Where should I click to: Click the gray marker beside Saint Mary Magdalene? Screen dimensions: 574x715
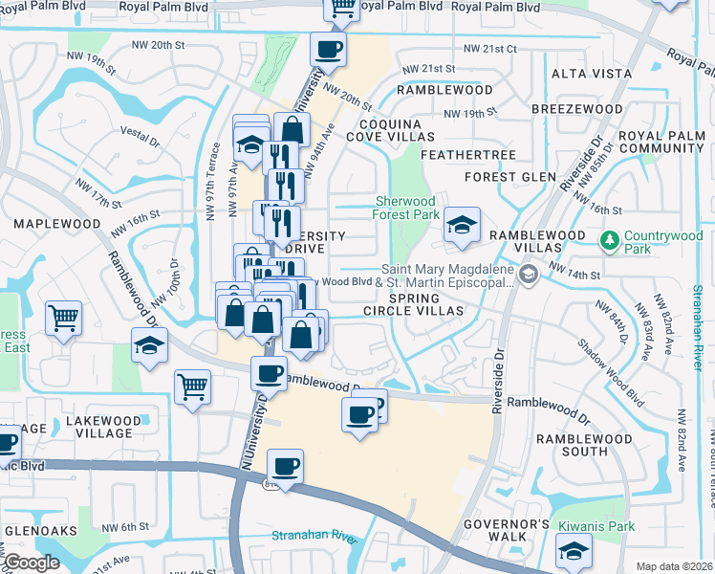[529, 276]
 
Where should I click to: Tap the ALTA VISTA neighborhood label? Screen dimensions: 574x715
[592, 74]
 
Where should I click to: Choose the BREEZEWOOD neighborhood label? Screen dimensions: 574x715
[576, 109]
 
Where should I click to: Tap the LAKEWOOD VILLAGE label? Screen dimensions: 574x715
[100, 427]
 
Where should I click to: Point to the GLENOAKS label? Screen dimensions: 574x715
[38, 529]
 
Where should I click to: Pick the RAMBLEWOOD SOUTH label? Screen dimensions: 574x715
[585, 445]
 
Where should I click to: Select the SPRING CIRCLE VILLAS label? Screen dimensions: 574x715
[414, 303]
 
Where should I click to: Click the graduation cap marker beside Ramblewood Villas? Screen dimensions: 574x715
[462, 224]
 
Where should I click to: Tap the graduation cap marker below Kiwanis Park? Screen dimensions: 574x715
[574, 550]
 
